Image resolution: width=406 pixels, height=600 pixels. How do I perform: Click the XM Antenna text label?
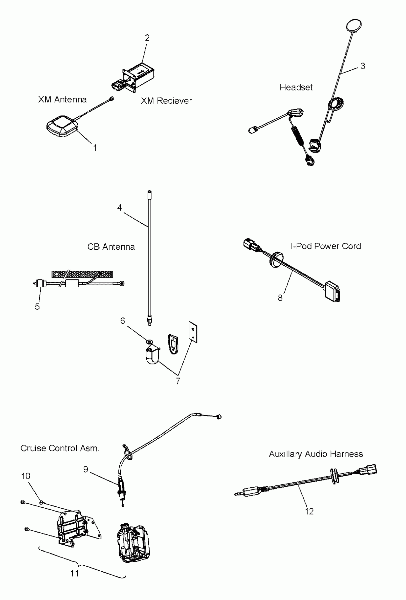coord(62,100)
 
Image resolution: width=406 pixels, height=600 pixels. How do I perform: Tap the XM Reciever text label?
coord(166,101)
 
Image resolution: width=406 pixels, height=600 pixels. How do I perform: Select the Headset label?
coord(296,88)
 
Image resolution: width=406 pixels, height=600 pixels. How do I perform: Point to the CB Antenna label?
coord(111,247)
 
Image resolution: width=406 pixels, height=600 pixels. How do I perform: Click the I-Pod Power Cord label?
coord(326,246)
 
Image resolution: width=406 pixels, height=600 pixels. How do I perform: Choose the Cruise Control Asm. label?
coord(60,448)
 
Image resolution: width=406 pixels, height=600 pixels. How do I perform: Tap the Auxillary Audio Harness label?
coord(316,454)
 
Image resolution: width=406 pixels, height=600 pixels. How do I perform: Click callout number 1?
coord(95,148)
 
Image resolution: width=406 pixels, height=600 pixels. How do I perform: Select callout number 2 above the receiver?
coord(147,38)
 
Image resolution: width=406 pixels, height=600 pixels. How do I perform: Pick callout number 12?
coord(309,511)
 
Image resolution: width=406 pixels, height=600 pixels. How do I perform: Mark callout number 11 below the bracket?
coord(74,574)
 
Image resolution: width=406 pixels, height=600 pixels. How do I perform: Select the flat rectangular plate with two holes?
coord(193,332)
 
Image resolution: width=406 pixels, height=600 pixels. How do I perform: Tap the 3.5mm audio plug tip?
coord(237,495)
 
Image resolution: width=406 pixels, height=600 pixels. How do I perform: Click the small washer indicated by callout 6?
coord(150,342)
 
